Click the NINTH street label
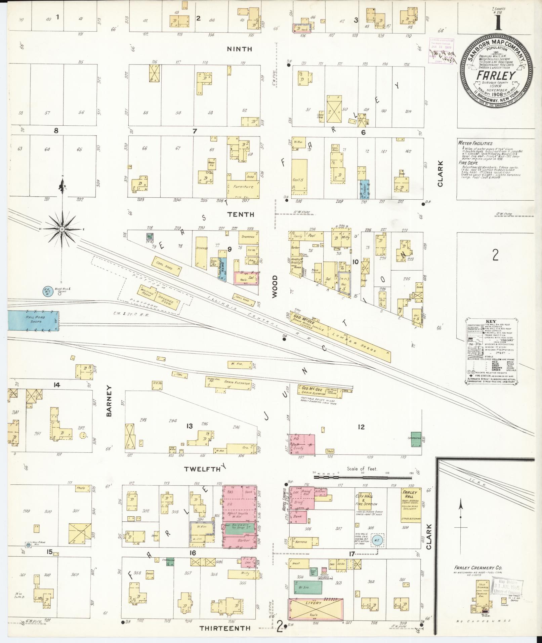pos(239,49)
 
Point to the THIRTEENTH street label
pos(225,628)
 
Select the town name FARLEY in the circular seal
pos(496,75)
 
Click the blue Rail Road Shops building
pos(33,321)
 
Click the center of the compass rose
pos(62,229)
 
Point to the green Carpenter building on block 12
pos(416,439)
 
